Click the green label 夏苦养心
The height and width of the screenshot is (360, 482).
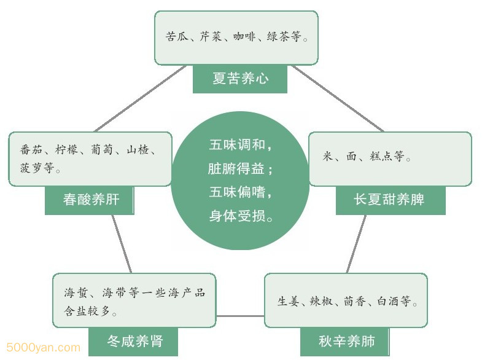click(240, 79)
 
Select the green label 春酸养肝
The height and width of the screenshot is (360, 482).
click(90, 200)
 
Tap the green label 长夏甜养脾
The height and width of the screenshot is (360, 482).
click(390, 200)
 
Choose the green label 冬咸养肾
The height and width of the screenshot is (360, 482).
click(134, 341)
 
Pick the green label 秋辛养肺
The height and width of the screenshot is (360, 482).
click(346, 341)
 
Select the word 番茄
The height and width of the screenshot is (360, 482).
click(31, 150)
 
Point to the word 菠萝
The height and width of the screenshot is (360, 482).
click(31, 168)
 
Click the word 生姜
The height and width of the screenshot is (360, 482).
click(288, 302)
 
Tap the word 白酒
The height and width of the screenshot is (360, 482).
click(389, 302)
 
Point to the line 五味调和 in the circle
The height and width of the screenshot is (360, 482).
click(239, 146)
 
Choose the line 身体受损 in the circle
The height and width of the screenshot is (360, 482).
click(240, 216)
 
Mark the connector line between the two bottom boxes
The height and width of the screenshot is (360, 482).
click(240, 316)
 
